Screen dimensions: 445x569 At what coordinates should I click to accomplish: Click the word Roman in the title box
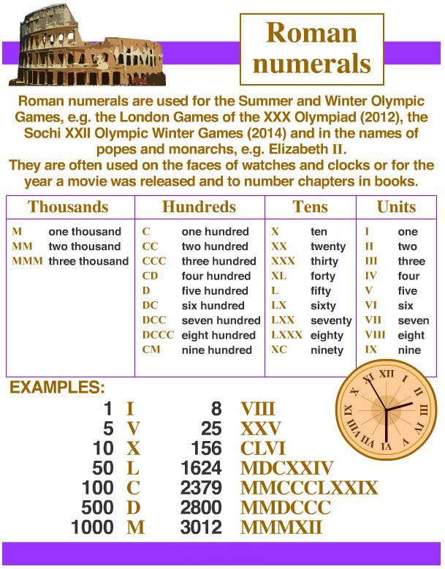[311, 33]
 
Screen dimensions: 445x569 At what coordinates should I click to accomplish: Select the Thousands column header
[68, 207]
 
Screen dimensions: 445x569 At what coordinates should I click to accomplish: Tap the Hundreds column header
[199, 207]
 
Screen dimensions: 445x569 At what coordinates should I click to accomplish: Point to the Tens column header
[310, 207]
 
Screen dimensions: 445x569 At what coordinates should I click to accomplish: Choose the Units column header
[396, 207]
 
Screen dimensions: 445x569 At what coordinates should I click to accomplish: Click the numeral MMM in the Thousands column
[27, 261]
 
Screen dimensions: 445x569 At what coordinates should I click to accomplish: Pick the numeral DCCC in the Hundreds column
[158, 335]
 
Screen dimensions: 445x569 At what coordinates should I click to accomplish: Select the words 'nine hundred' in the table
[216, 350]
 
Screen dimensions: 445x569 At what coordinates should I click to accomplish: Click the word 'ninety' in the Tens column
[327, 350]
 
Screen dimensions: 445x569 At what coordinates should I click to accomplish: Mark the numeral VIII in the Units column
[374, 335]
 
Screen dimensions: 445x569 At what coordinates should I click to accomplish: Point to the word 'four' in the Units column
[408, 276]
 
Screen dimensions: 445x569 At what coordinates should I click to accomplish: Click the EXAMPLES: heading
[57, 388]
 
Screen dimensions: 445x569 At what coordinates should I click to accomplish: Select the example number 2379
[201, 488]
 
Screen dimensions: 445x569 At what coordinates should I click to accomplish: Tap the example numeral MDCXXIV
[286, 468]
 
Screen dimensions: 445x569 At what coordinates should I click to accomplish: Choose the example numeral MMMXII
[281, 527]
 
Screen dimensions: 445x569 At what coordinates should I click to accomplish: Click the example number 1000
[93, 527]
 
